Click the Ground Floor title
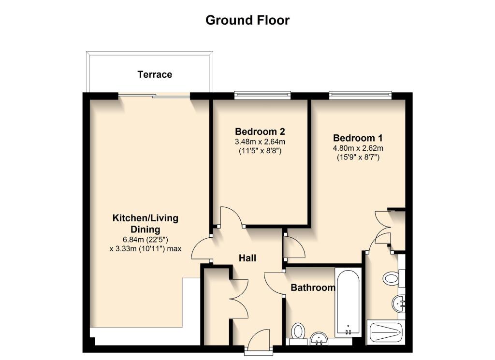click(x=247, y=20)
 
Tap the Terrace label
click(x=155, y=74)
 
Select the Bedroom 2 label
click(x=260, y=131)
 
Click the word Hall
click(x=247, y=258)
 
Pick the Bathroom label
click(x=312, y=288)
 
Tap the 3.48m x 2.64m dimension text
click(x=260, y=142)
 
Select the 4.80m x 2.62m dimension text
click(x=358, y=148)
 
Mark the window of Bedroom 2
click(x=262, y=95)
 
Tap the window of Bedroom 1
click(x=360, y=95)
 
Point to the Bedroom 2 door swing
click(x=231, y=216)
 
